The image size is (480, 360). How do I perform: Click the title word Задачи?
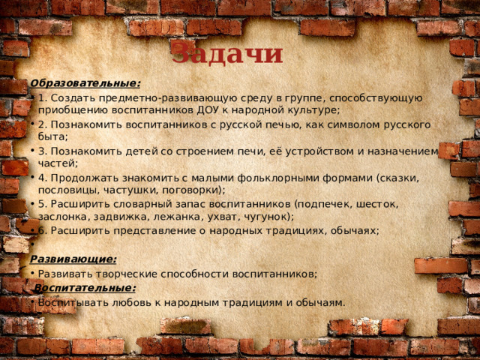point(227,54)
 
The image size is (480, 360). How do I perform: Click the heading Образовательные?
point(85,83)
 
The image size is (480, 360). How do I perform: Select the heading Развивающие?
point(73,259)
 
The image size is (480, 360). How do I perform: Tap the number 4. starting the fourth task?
point(42,178)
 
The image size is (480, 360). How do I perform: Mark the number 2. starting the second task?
point(42,124)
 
